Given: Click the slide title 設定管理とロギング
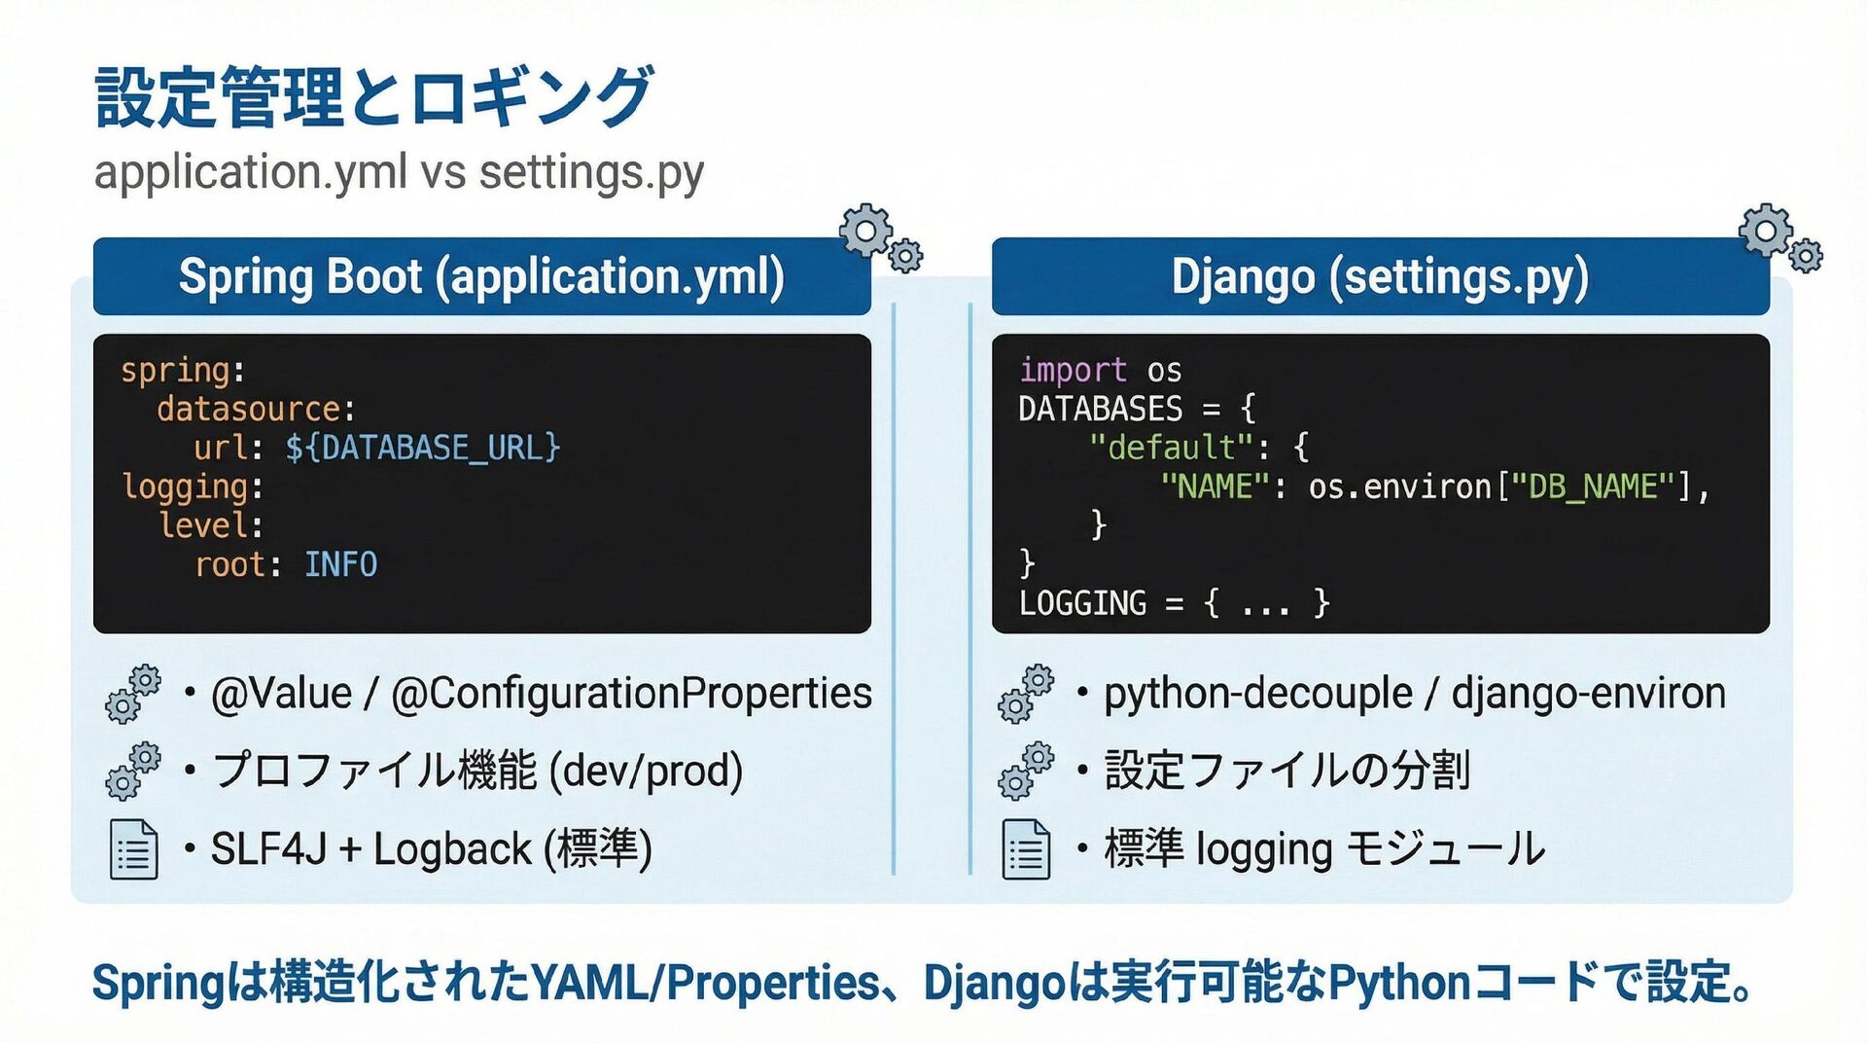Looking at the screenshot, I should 374,96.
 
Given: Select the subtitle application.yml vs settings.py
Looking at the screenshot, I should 399,173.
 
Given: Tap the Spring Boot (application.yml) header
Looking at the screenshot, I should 481,276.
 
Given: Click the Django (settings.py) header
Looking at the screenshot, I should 1380,276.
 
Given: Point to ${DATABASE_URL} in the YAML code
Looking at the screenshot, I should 423,448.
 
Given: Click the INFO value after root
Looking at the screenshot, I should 340,564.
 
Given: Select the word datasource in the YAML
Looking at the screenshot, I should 249,409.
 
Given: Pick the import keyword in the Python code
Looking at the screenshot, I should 1073,370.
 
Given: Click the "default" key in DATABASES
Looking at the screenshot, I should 1171,448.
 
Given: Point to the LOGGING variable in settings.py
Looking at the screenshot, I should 1082,603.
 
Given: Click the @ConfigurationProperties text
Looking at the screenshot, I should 631,694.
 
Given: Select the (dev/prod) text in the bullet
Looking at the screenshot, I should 646,771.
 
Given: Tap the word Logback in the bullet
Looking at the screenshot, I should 452,849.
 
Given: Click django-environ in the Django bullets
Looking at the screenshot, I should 1588,694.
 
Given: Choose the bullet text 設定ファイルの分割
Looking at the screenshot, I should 1286,771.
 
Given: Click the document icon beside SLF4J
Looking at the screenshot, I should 133,849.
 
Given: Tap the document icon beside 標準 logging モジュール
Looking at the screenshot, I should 1026,849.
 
